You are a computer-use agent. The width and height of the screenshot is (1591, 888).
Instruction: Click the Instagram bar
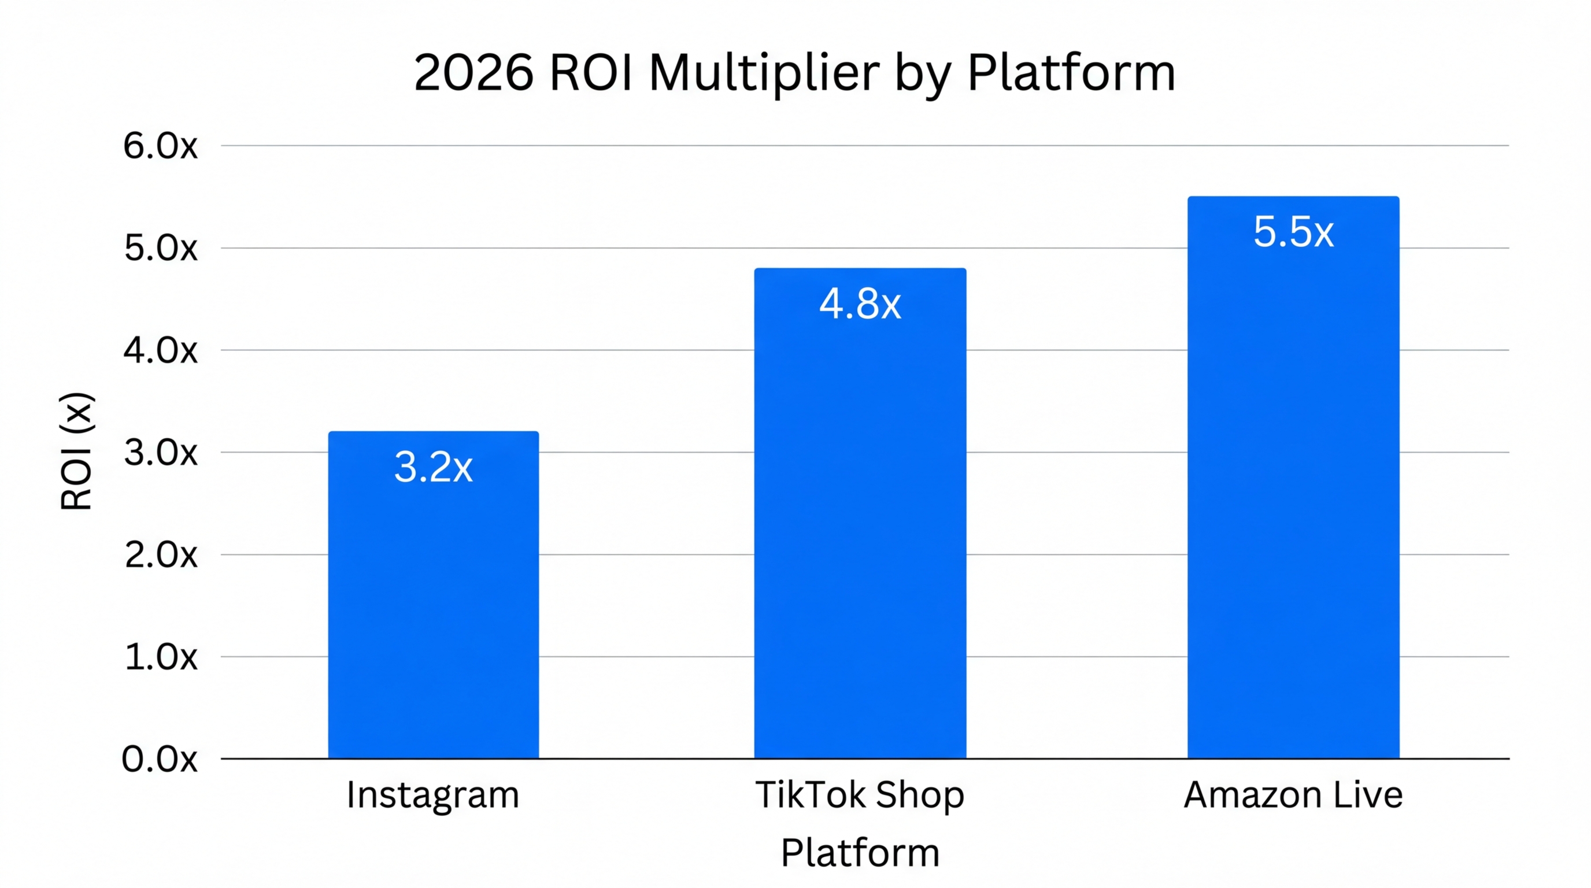click(433, 611)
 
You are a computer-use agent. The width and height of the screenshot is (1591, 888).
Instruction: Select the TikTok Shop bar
click(860, 531)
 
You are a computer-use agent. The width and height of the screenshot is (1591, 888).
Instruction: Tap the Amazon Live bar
click(1293, 494)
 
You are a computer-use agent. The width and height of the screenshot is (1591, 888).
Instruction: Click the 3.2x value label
click(433, 467)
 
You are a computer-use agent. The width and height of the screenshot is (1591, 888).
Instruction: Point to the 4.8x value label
click(860, 304)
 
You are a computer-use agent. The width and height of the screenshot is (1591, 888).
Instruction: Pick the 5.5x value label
click(1293, 232)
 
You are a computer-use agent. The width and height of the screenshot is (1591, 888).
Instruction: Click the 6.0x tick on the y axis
click(160, 146)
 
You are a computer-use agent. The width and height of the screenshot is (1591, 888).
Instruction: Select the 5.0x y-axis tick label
click(160, 248)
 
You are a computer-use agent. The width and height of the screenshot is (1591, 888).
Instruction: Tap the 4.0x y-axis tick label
click(160, 351)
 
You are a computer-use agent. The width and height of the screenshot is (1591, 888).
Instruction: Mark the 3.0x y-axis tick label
click(160, 453)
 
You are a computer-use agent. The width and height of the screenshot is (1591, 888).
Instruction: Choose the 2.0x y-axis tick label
click(160, 555)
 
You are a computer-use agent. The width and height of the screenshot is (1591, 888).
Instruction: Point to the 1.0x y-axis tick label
click(160, 657)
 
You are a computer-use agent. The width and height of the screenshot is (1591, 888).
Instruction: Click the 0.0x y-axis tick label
click(160, 759)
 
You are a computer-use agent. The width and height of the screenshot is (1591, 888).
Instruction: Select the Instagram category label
click(432, 795)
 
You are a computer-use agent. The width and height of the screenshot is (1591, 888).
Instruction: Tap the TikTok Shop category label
click(860, 795)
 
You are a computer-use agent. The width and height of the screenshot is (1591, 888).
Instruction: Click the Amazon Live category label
click(1293, 795)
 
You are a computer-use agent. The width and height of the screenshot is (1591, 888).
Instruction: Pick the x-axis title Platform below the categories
click(860, 853)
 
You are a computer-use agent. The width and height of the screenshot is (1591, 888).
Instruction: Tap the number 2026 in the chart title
click(473, 73)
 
